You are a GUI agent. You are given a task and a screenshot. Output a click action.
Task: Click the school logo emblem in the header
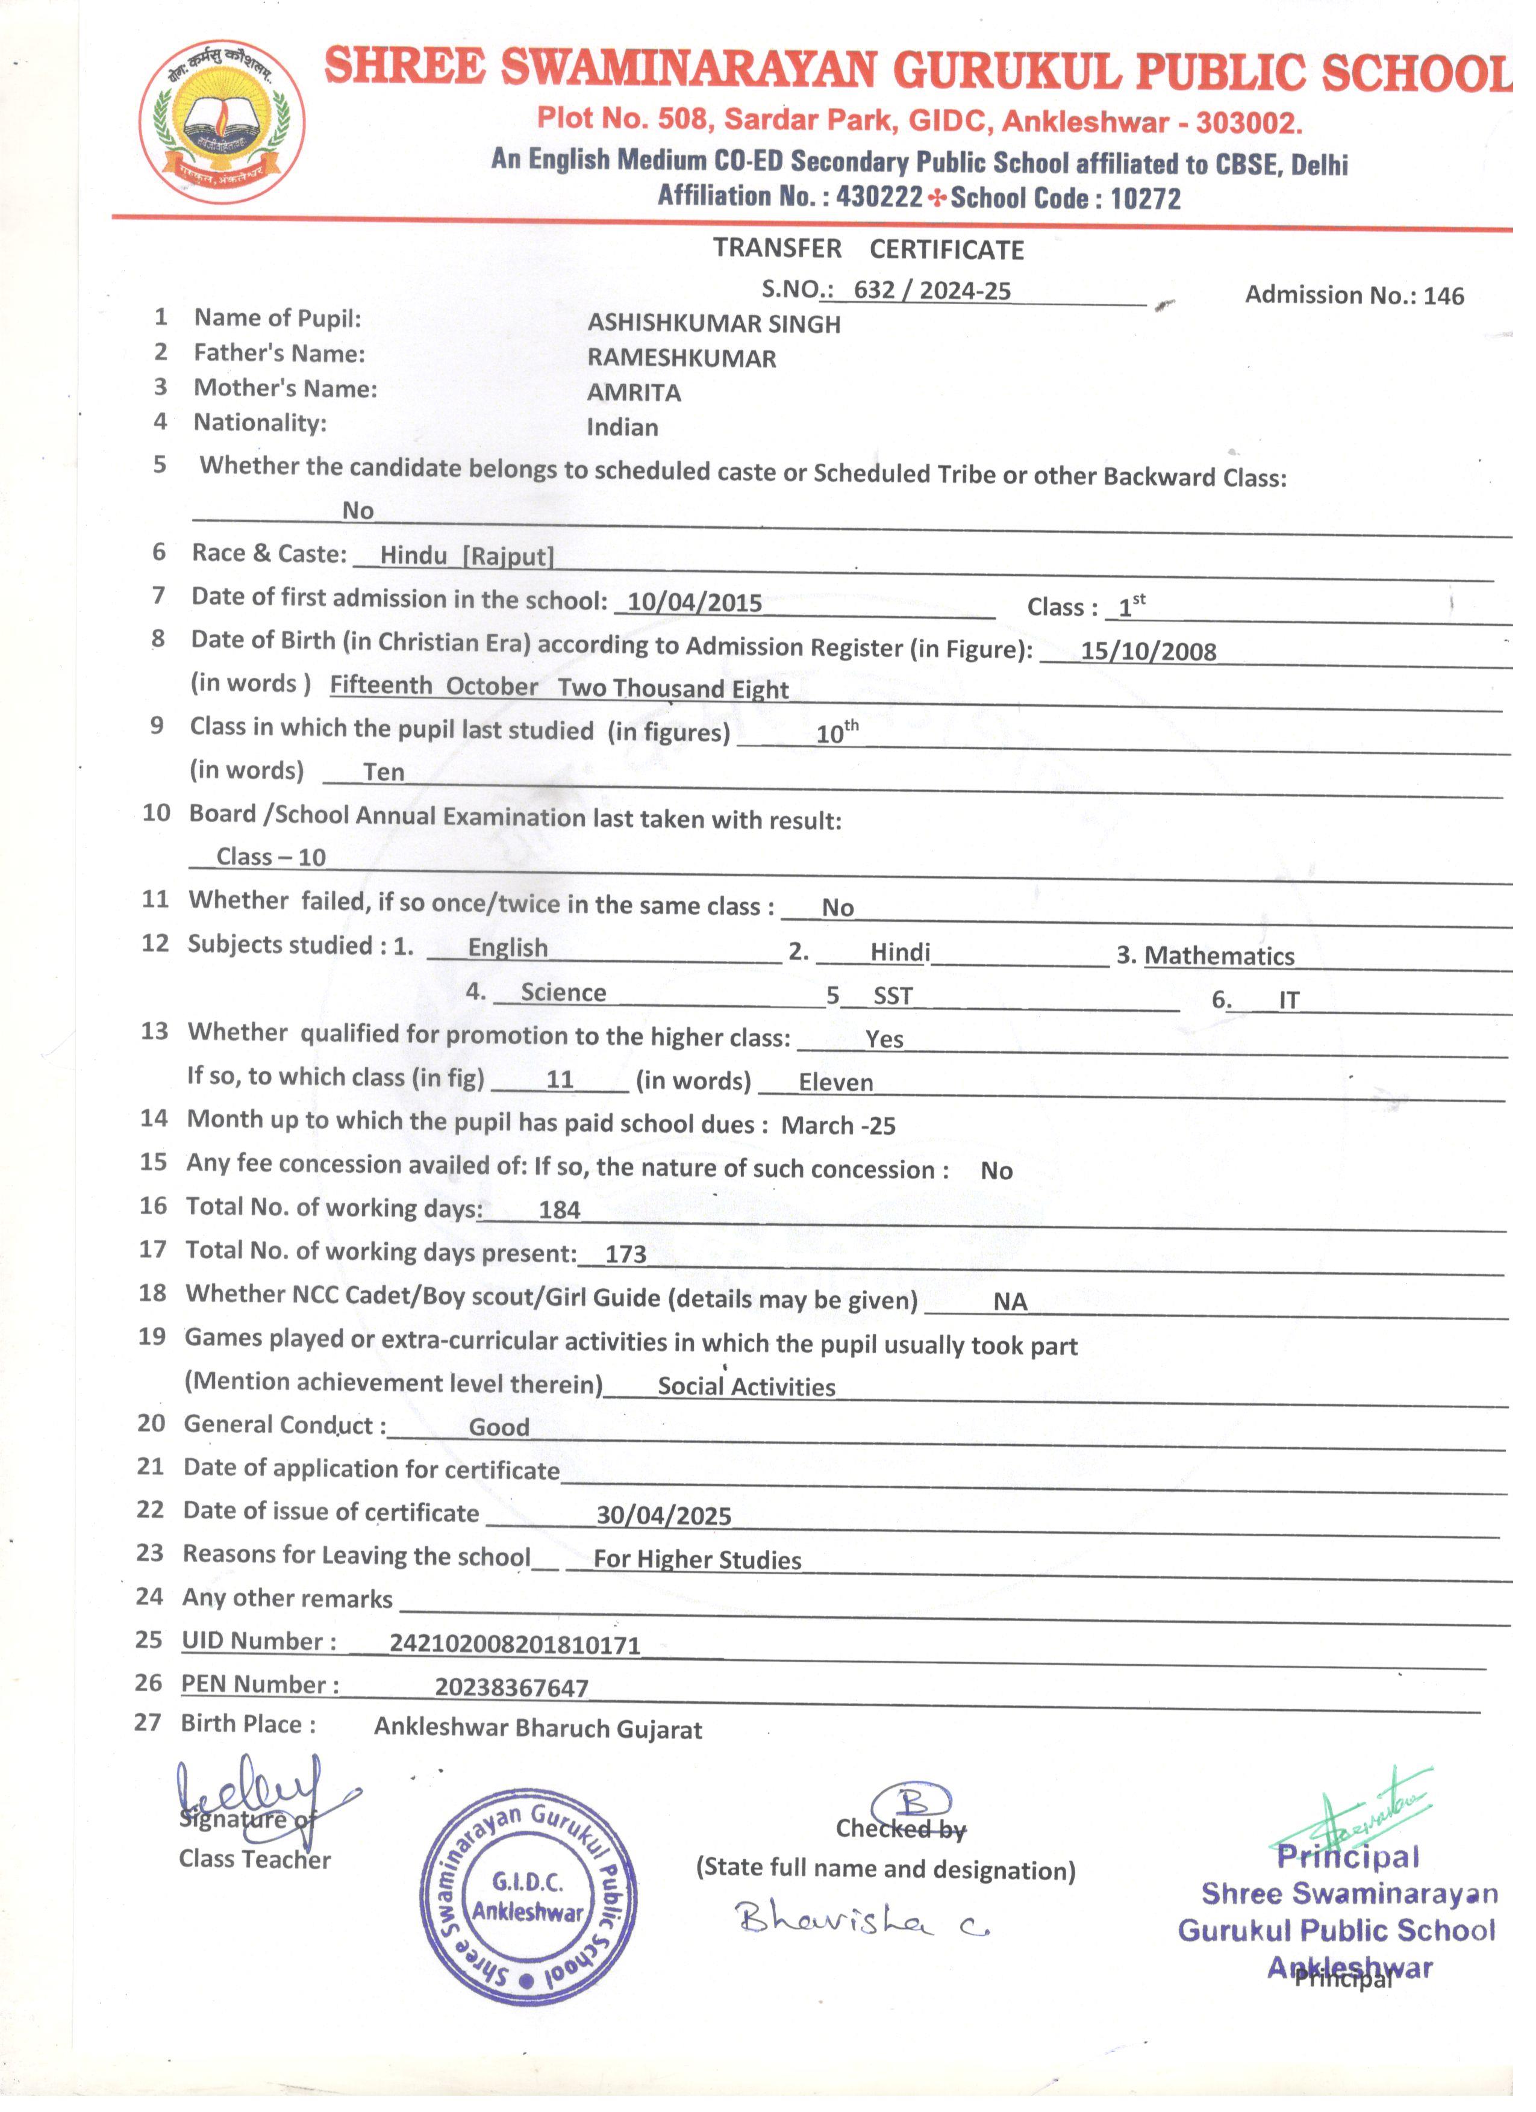tap(222, 121)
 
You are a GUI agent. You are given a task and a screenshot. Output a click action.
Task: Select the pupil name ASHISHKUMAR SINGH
tap(714, 324)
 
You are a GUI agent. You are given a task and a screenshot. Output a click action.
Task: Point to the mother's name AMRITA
tap(634, 393)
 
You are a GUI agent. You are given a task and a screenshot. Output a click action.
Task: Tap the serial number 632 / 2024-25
tap(931, 290)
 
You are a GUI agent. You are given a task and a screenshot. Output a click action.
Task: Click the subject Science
tap(563, 992)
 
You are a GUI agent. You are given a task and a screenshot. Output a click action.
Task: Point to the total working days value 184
tap(559, 1210)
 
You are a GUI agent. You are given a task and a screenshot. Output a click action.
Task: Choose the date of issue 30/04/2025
tap(663, 1516)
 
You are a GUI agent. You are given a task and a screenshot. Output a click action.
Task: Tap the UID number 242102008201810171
tap(514, 1645)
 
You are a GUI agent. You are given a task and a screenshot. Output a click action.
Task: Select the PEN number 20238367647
tap(511, 1688)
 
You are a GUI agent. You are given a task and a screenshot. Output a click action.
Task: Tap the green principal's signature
tap(1355, 1807)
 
